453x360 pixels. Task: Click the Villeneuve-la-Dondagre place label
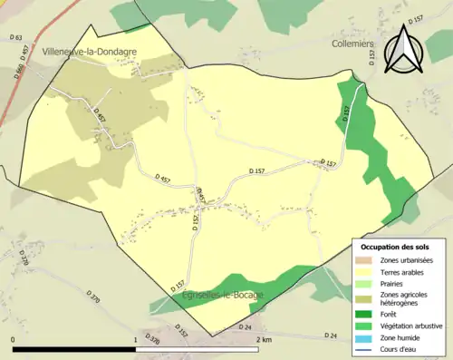[x=89, y=52]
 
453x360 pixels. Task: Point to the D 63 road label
[x=15, y=37]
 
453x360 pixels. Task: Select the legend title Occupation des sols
[x=395, y=247]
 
